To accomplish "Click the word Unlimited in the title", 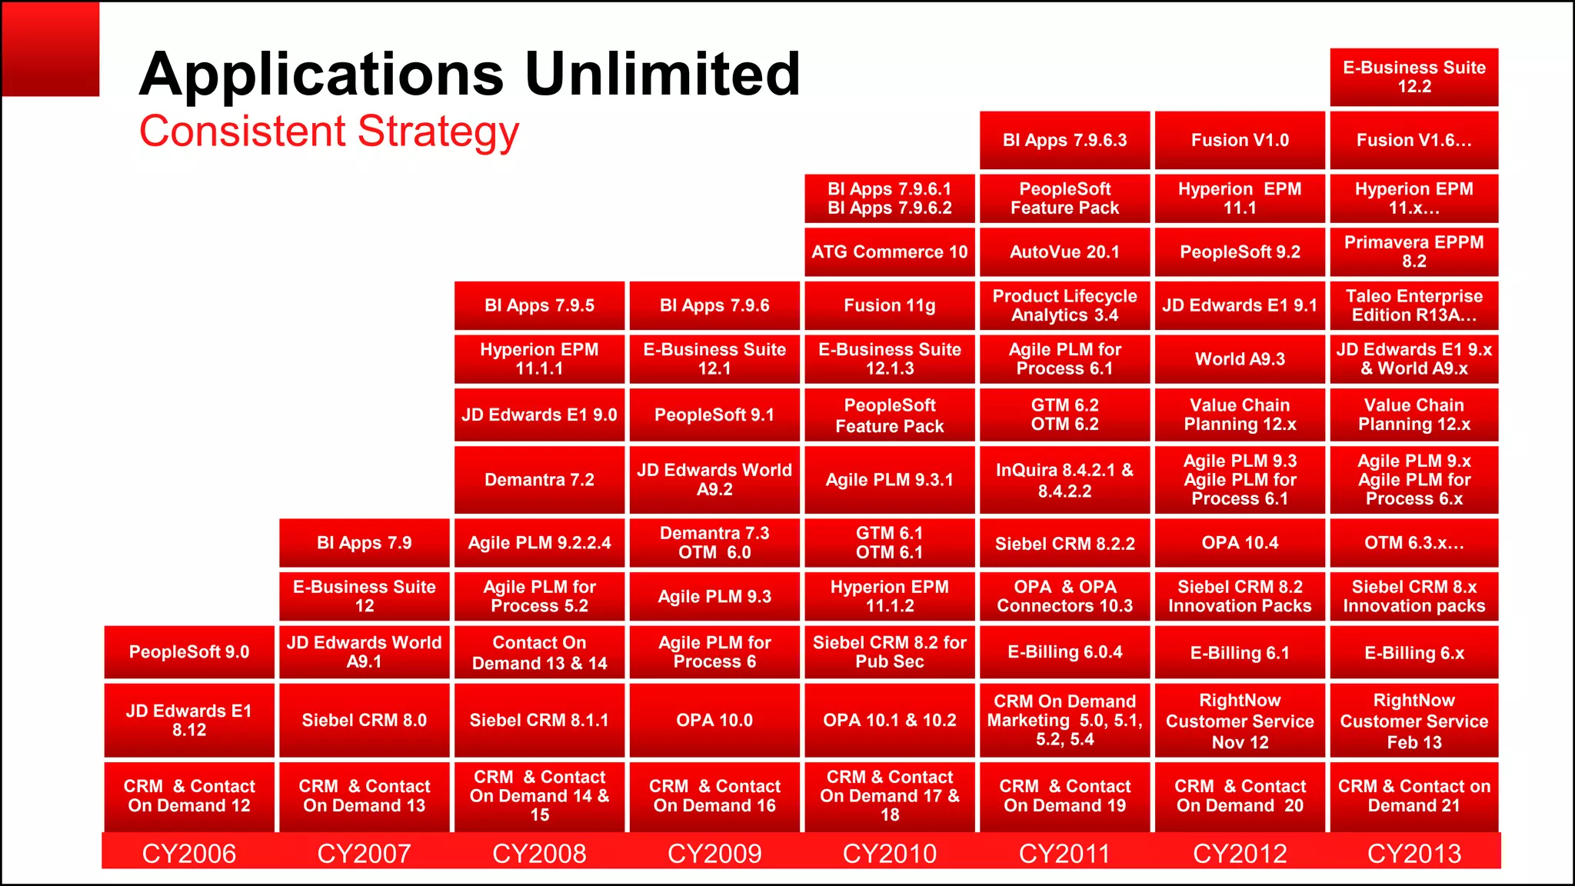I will tap(661, 75).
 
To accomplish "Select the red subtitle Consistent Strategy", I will tap(329, 132).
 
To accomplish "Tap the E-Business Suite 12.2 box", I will tap(1414, 77).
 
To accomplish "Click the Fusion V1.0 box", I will tap(1240, 140).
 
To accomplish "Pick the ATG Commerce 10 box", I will tap(890, 251).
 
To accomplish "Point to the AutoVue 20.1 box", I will tap(1064, 251).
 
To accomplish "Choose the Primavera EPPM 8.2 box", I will tap(1414, 251).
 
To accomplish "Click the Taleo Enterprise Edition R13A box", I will tap(1414, 305).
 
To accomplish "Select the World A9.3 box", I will tap(1240, 358).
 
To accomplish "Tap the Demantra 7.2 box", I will tap(539, 480).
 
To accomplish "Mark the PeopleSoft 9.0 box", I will tap(189, 652).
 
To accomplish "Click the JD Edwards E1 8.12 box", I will tap(189, 720).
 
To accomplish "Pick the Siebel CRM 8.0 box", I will tap(364, 720).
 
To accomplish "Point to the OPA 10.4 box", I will tap(1240, 543).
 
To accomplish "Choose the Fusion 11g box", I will tap(890, 305).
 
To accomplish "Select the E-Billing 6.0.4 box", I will tap(1064, 652).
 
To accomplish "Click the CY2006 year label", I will tap(189, 853).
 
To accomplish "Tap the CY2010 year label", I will tap(890, 853).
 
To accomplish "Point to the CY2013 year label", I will tap(1414, 853).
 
